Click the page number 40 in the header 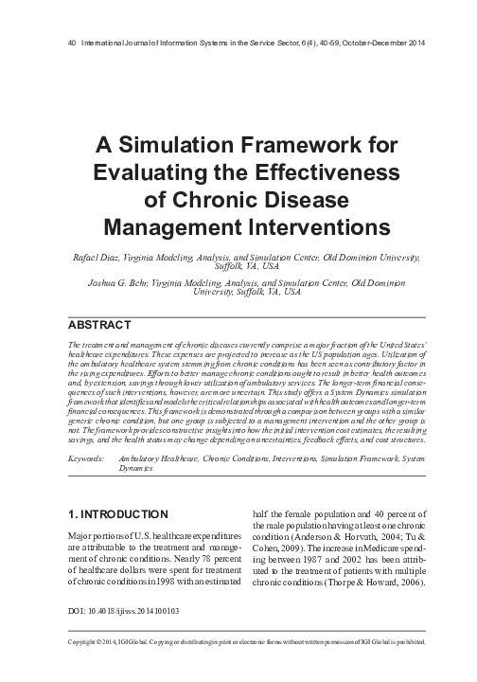[62, 43]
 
